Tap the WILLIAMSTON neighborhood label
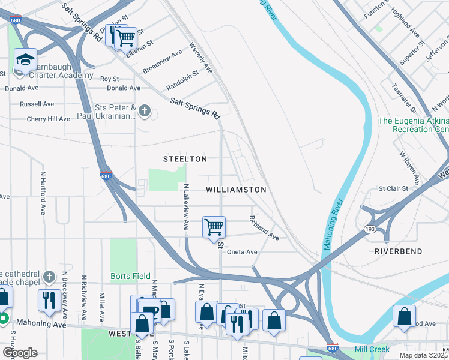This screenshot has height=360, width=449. tap(236, 189)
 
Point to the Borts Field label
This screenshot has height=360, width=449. tap(130, 277)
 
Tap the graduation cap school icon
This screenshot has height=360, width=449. tap(25, 60)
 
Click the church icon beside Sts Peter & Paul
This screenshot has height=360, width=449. tap(144, 110)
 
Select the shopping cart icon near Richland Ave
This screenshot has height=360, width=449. tap(214, 227)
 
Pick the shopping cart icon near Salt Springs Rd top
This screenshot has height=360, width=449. tap(125, 38)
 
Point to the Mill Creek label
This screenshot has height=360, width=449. tap(372, 349)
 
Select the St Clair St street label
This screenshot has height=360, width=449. tap(393, 188)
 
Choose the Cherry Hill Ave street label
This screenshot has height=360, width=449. tap(49, 119)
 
